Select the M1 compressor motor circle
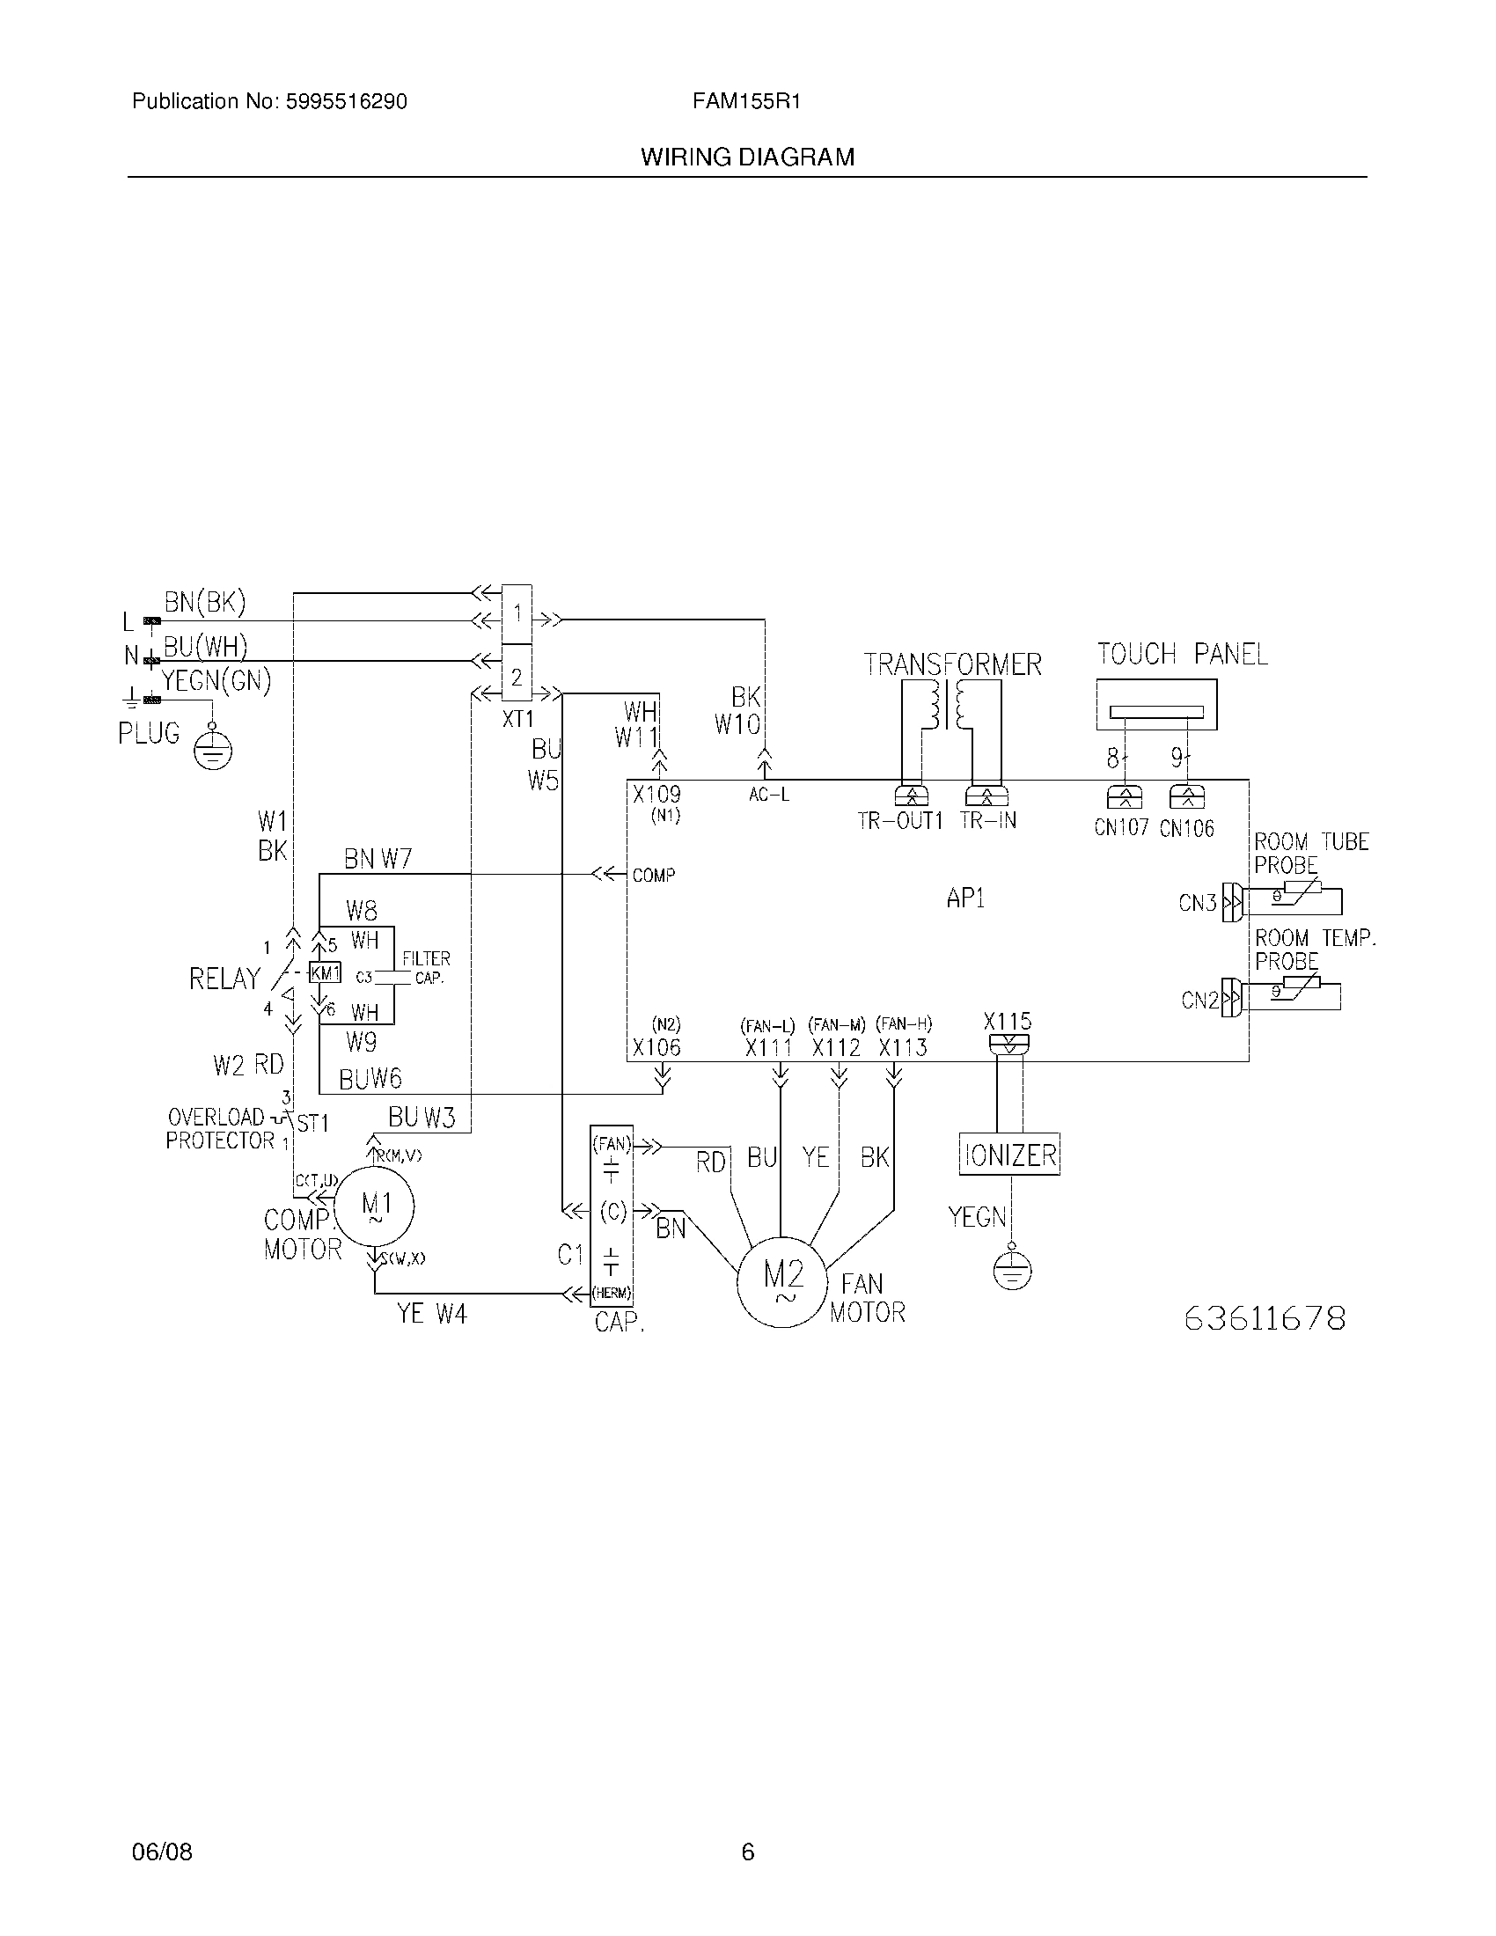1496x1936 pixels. click(377, 1206)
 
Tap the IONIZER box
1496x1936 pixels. click(1009, 1155)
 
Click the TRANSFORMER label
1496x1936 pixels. click(952, 664)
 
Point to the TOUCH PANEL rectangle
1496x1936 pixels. click(1155, 705)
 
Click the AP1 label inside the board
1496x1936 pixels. click(965, 898)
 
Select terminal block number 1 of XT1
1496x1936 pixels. click(517, 612)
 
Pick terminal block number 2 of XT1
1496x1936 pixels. click(517, 678)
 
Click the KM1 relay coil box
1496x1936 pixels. click(325, 973)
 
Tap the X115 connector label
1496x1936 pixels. click(1008, 1021)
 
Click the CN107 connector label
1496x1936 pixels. click(1121, 828)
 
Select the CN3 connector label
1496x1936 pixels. click(1198, 903)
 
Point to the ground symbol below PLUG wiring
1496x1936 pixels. click(213, 752)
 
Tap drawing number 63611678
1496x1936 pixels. click(1265, 1318)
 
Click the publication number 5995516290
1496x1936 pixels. click(346, 102)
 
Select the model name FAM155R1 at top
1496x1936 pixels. click(746, 102)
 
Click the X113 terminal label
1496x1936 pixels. click(902, 1048)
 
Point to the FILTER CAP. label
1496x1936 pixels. click(426, 968)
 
